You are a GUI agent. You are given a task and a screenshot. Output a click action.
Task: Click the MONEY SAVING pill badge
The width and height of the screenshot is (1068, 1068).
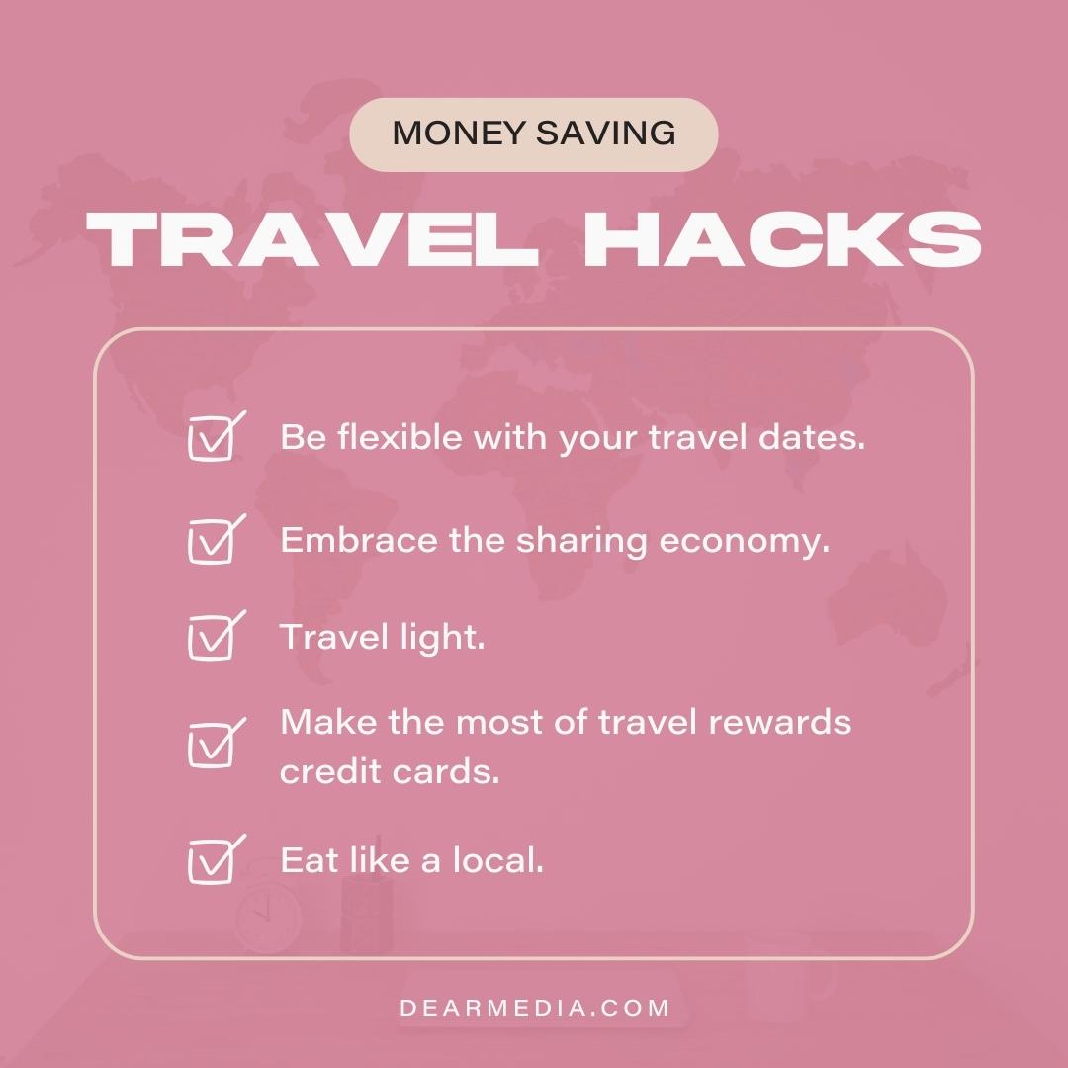click(534, 134)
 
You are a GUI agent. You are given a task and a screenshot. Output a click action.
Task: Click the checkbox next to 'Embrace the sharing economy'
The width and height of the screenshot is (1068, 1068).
click(212, 542)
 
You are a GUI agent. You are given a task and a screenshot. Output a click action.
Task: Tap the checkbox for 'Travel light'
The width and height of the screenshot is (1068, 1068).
click(212, 638)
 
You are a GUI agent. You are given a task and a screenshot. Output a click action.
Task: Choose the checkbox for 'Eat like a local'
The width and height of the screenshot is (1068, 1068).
click(212, 861)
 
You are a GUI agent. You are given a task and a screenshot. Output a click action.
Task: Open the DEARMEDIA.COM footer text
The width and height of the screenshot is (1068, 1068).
click(535, 1009)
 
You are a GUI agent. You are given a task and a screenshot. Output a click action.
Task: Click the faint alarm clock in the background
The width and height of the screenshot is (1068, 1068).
click(267, 915)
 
